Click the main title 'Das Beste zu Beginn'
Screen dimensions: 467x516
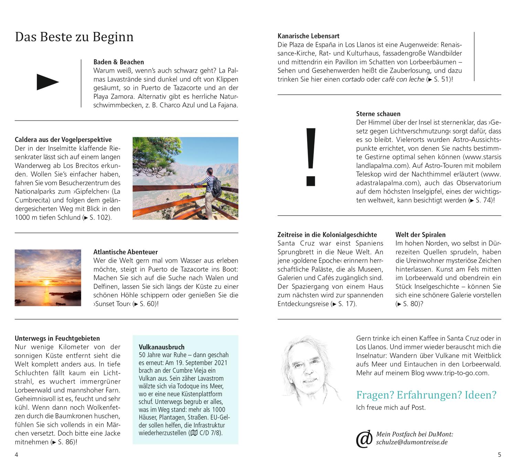pyautogui.click(x=74, y=37)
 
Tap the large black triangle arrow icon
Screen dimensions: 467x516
pyautogui.click(x=47, y=82)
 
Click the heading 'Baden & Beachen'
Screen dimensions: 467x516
pyautogui.click(x=119, y=62)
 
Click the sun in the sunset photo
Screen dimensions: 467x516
pyautogui.click(x=46, y=282)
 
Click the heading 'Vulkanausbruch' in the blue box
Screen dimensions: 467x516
pyautogui.click(x=162, y=347)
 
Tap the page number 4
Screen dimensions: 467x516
pyautogui.click(x=16, y=455)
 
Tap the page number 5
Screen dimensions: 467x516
pyautogui.click(x=499, y=455)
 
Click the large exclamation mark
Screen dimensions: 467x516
pyautogui.click(x=311, y=157)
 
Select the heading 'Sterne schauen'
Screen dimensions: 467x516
pyautogui.click(x=378, y=114)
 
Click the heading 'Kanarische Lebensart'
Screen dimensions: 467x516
pyautogui.click(x=308, y=36)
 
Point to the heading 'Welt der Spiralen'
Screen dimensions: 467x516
pyautogui.click(x=420, y=235)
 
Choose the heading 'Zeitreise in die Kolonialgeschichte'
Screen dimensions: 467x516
pyautogui.click(x=327, y=235)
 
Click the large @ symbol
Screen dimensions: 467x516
pyautogui.click(x=364, y=439)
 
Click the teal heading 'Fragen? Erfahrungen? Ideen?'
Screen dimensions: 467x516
pyautogui.click(x=426, y=395)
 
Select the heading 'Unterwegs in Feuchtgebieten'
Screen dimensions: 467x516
pyautogui.click(x=57, y=338)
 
